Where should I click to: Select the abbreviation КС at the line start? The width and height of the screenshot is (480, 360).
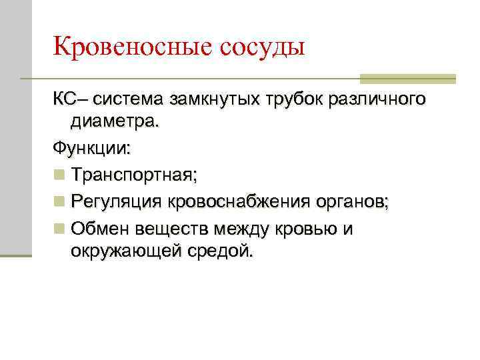point(65,99)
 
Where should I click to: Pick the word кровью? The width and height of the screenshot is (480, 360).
point(307,229)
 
